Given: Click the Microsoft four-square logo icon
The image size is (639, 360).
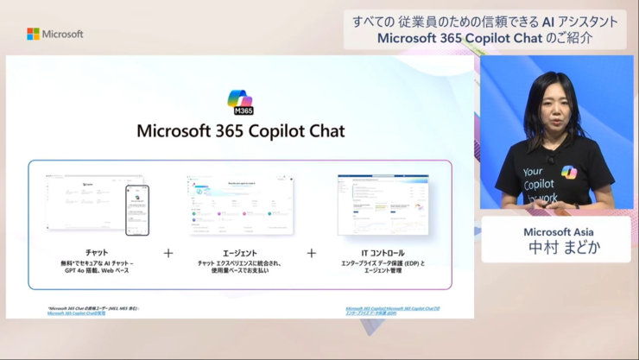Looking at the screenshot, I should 33,34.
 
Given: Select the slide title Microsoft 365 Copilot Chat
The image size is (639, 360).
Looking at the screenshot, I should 240,131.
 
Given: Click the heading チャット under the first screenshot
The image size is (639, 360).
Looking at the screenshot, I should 97,252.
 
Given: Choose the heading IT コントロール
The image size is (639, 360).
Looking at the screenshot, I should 383,252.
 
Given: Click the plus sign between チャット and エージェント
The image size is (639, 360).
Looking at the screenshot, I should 168,254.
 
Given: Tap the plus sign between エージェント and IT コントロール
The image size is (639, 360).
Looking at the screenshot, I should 311,254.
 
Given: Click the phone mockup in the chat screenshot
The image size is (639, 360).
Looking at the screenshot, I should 137,210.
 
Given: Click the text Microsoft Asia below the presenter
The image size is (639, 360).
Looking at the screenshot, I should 558,232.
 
